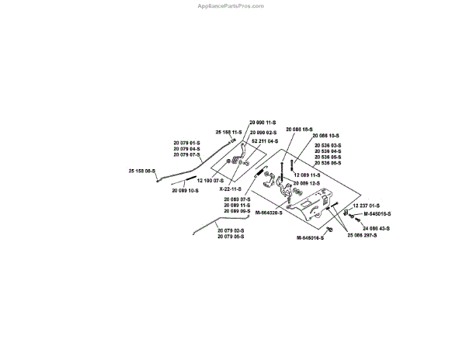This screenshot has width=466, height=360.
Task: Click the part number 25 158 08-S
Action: tap(142, 170)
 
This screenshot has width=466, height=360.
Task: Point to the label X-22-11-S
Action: tap(229, 189)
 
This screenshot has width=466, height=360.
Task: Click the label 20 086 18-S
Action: tap(298, 128)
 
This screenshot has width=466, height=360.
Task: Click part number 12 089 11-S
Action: tap(305, 175)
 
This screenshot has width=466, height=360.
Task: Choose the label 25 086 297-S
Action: tap(362, 234)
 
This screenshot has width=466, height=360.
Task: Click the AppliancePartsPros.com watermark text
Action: tap(232, 5)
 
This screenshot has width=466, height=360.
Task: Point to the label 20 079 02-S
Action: tap(231, 230)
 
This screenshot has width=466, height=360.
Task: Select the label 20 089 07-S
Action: tap(237, 199)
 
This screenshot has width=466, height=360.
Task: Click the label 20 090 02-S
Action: tap(264, 133)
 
